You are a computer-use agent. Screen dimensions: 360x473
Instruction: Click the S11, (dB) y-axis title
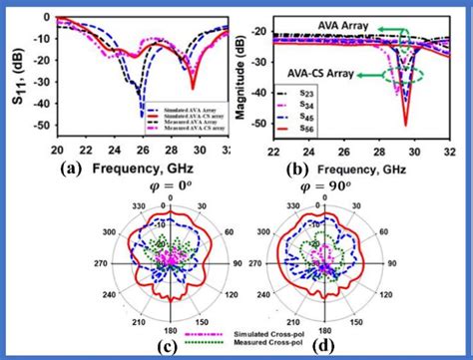14,80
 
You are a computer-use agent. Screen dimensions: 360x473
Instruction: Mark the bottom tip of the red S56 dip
406,125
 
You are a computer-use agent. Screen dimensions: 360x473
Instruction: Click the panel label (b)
294,169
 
